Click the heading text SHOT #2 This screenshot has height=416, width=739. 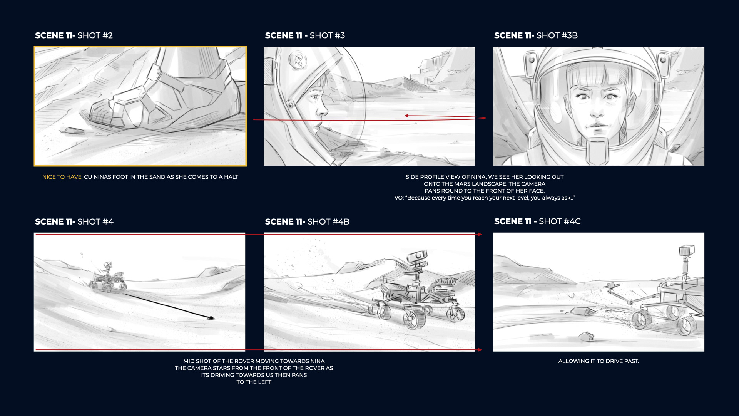[95, 35]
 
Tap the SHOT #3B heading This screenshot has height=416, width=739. [557, 35]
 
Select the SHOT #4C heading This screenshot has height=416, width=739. [560, 221]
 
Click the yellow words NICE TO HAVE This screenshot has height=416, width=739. [62, 177]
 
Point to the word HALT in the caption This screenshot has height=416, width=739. [231, 177]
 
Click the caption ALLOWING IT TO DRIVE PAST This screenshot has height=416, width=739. [599, 361]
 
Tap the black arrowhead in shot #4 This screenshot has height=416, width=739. [211, 318]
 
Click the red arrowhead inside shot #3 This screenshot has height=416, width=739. [406, 116]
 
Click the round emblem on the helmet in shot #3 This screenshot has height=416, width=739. [298, 60]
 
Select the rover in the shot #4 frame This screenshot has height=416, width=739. [108, 277]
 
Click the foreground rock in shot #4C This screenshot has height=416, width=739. [586, 337]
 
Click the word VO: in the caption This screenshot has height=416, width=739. [399, 198]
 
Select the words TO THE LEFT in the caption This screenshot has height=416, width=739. [254, 382]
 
